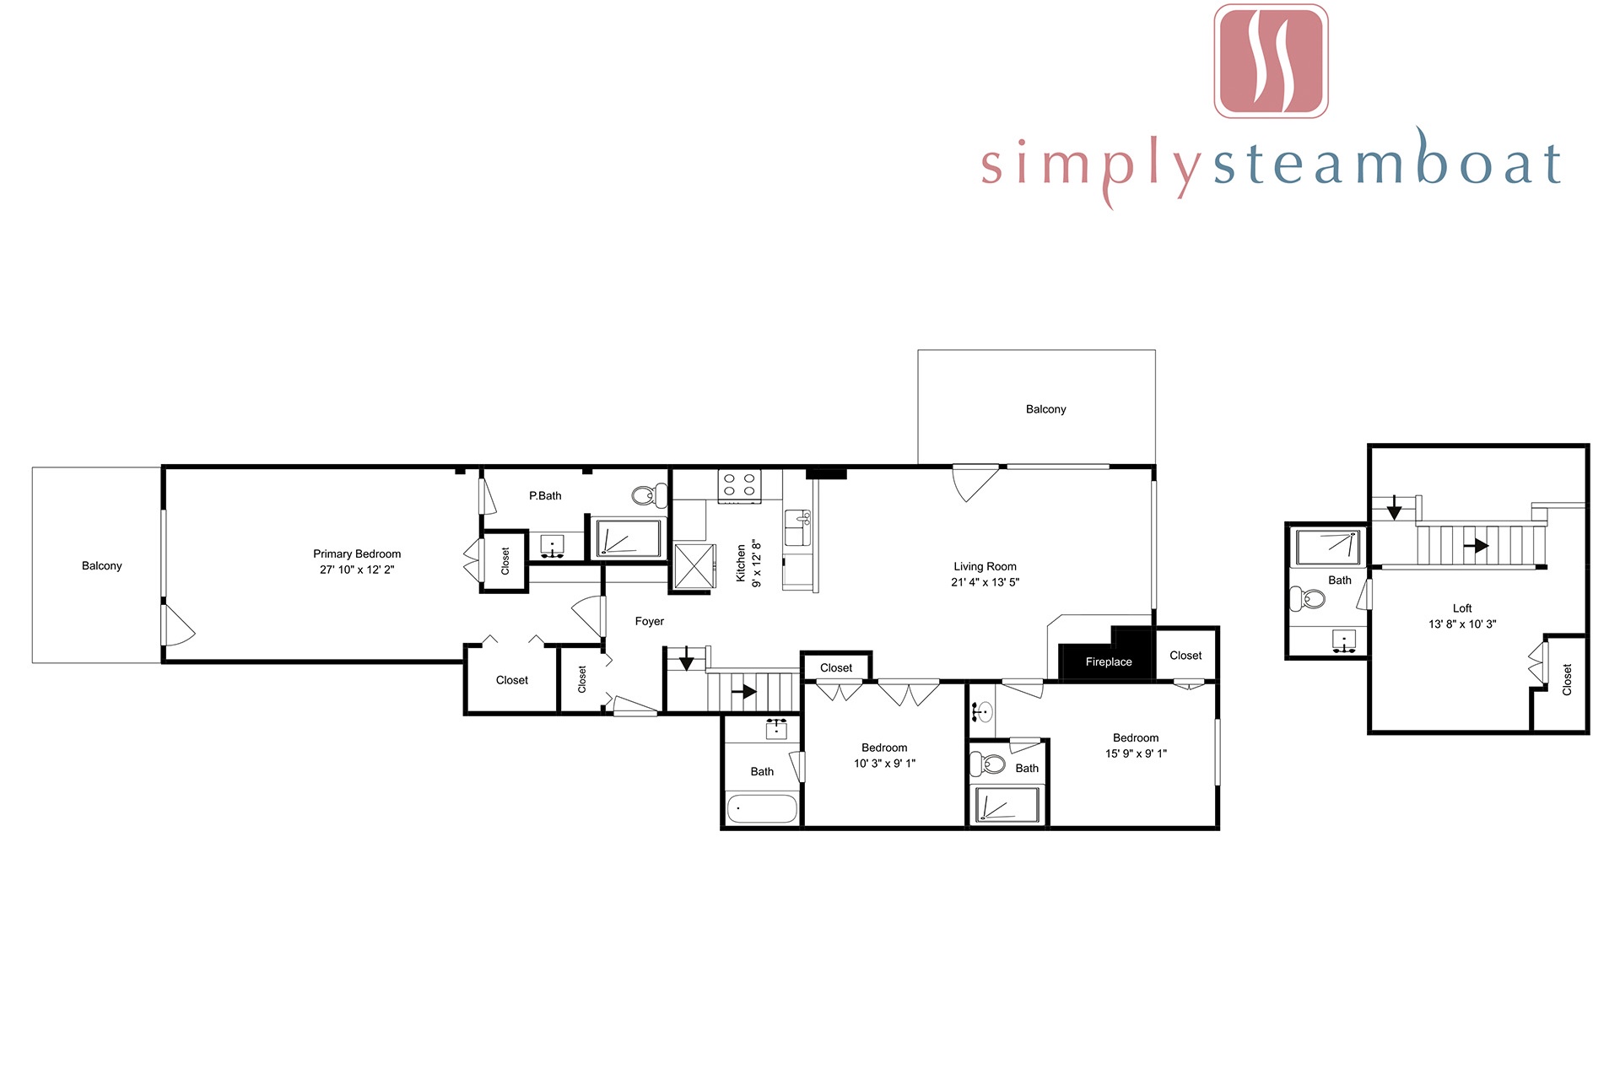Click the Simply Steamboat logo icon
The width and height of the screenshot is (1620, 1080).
click(1271, 61)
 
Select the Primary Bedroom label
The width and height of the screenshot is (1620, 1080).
click(357, 553)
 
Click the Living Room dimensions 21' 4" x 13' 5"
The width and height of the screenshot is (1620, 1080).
click(985, 582)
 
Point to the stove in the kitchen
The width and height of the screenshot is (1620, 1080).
click(739, 485)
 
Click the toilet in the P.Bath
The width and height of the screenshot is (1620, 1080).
click(649, 495)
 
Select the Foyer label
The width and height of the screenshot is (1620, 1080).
click(650, 621)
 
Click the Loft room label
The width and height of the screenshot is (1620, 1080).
click(1462, 608)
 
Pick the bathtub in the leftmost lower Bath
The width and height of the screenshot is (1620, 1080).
click(761, 808)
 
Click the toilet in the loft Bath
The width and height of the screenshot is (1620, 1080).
click(1308, 599)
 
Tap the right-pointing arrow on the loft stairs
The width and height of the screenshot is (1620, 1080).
click(1476, 546)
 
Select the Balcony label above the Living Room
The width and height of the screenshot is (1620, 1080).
click(1046, 409)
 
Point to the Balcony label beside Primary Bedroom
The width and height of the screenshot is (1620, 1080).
click(102, 565)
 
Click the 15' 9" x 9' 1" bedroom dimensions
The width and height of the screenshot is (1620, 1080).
click(1137, 753)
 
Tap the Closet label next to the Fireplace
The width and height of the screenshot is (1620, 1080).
click(1185, 656)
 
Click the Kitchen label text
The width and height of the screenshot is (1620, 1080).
click(741, 563)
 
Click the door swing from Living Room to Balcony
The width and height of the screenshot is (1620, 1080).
click(975, 483)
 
